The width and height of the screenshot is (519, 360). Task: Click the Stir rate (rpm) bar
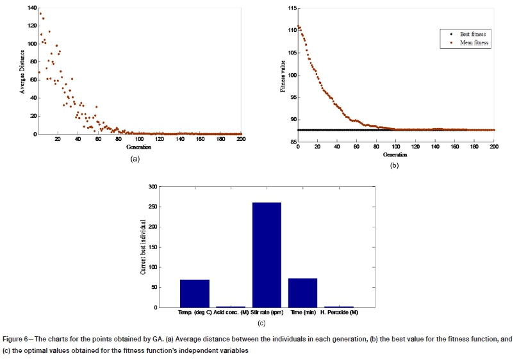267,255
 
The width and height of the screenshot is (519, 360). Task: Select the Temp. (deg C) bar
194,293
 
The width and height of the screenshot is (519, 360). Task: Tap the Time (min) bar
302,293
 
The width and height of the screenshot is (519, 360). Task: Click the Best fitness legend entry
463,33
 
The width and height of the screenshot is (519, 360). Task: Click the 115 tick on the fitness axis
291,8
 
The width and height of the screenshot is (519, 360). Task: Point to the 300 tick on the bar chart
153,187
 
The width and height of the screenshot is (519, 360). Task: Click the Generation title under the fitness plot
395,154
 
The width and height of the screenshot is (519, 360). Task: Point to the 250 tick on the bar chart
153,207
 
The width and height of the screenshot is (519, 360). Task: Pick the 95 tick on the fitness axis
292,97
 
